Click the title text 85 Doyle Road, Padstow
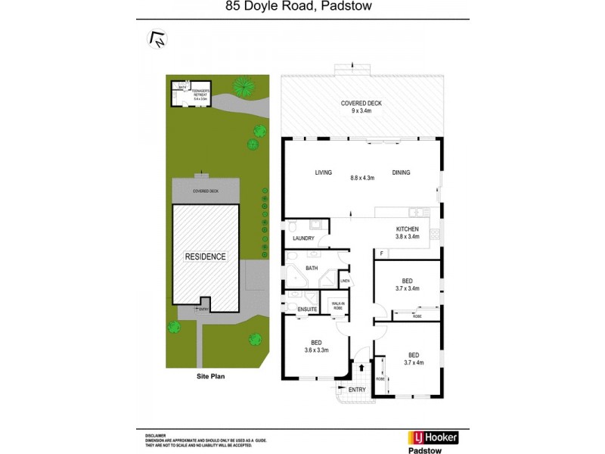coord(302,8)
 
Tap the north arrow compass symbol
coord(157,39)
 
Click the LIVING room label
coord(324,173)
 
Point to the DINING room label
coord(401,173)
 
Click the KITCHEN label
coord(408,229)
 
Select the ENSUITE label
coord(306,309)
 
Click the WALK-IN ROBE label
coord(335,306)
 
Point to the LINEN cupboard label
coord(345,281)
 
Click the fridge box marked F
coord(382,252)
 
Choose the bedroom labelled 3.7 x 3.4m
coord(407,284)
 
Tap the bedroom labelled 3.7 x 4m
coord(414,358)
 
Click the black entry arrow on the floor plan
coord(361,368)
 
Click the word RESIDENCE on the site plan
coord(206,257)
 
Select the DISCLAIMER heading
coord(156,437)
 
